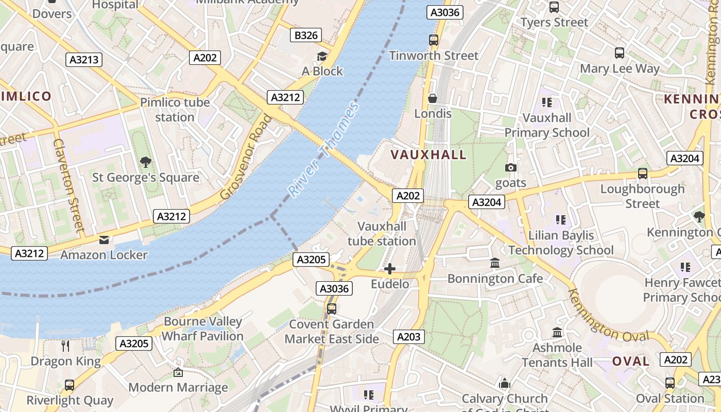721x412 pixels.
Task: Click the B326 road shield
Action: pyautogui.click(x=306, y=35)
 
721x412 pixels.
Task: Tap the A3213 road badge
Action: pyautogui.click(x=84, y=60)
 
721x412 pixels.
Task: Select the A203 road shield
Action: pyautogui.click(x=409, y=337)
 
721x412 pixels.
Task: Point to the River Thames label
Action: pyautogui.click(x=323, y=150)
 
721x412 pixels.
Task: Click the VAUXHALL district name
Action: pyautogui.click(x=428, y=154)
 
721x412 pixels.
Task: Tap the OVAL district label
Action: pyautogui.click(x=631, y=361)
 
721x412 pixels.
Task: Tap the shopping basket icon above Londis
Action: pyautogui.click(x=433, y=98)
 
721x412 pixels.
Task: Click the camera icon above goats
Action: pyautogui.click(x=511, y=167)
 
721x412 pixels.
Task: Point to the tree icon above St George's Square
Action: pyautogui.click(x=146, y=162)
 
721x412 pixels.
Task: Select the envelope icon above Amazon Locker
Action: pyautogui.click(x=104, y=239)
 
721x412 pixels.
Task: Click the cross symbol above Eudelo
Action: pyautogui.click(x=390, y=269)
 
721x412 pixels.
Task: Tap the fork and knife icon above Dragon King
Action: pyautogui.click(x=65, y=346)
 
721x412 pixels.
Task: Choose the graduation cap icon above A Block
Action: pyautogui.click(x=322, y=56)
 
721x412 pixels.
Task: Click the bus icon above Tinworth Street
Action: pyautogui.click(x=434, y=40)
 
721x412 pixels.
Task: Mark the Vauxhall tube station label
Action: pyautogui.click(x=382, y=234)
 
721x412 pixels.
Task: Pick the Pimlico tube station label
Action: pyautogui.click(x=175, y=110)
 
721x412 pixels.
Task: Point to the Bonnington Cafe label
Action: pyautogui.click(x=495, y=279)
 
